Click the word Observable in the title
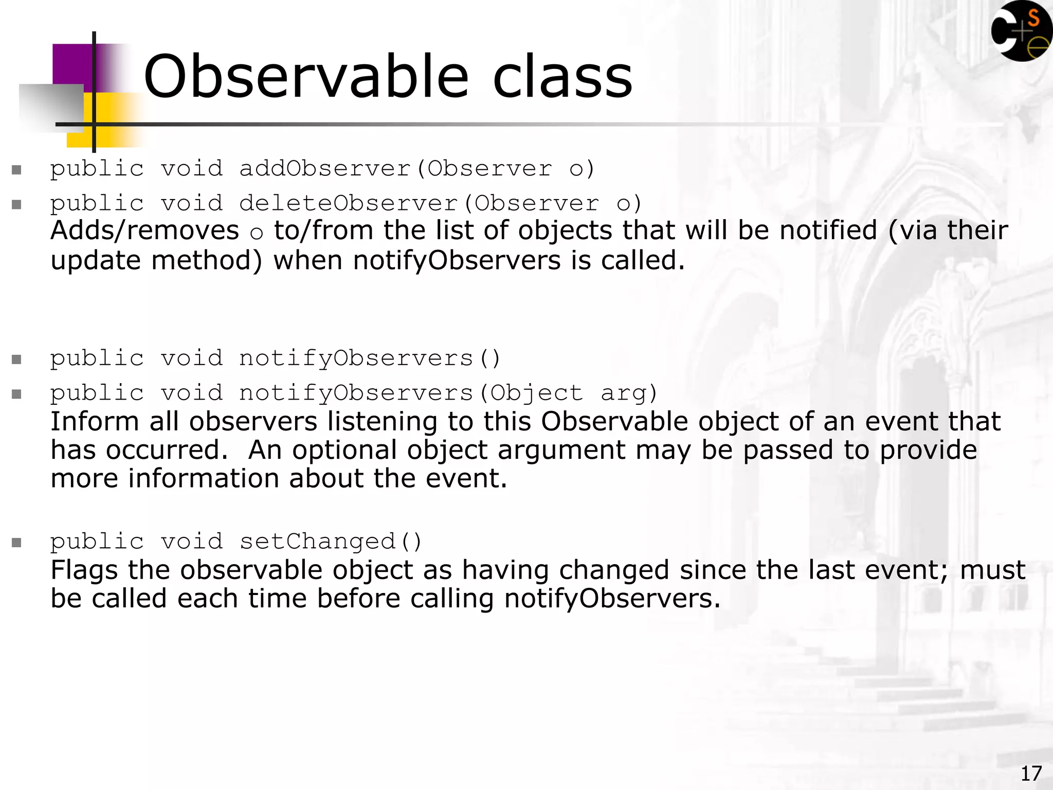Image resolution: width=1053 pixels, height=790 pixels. [x=306, y=77]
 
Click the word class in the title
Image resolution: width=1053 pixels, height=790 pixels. [x=562, y=77]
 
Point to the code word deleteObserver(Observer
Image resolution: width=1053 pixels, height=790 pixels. [x=419, y=204]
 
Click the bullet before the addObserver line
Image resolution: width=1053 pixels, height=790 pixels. [x=16, y=170]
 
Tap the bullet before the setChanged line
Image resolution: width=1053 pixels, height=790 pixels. [x=16, y=543]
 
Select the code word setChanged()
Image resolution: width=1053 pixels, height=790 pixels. [x=331, y=542]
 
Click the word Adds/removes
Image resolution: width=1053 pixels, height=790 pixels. [x=144, y=230]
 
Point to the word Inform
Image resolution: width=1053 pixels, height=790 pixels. [x=95, y=422]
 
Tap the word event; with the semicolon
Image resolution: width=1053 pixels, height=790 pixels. [x=908, y=570]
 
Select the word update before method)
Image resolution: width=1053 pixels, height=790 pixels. [x=95, y=261]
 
